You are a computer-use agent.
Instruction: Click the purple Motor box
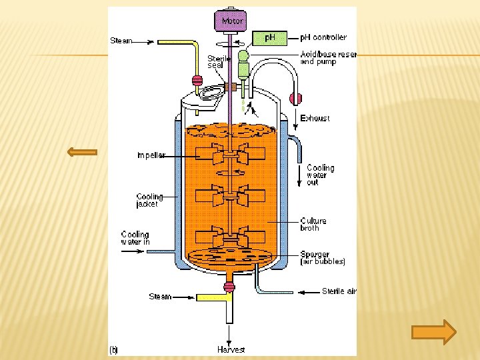coord(230,20)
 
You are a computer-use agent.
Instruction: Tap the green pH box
coord(269,37)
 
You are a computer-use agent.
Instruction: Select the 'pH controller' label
coord(323,37)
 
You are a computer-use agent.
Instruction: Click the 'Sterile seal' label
coord(219,61)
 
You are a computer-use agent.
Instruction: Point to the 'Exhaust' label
coord(315,118)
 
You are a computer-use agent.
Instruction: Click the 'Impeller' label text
coord(151,155)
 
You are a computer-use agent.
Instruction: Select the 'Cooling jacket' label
coord(149,201)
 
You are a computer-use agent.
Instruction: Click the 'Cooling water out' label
coord(320,175)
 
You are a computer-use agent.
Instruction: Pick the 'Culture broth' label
coord(313,224)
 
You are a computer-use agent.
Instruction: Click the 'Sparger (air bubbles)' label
coord(322,258)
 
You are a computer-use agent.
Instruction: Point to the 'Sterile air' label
coord(339,291)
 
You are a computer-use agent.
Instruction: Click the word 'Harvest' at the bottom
coord(231,349)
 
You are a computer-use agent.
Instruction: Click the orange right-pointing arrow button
coord(433,331)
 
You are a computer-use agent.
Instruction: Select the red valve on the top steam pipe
coord(197,81)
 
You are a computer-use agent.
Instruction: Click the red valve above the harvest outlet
coord(229,287)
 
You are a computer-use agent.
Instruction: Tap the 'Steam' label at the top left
coord(121,41)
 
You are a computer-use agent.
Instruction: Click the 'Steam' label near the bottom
coord(160,297)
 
